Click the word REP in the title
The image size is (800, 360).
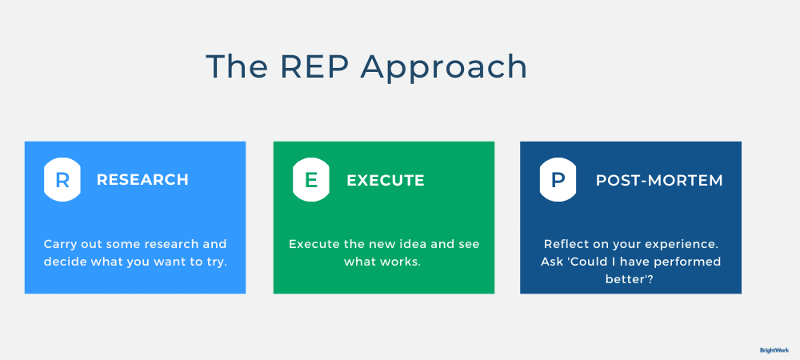[306, 66]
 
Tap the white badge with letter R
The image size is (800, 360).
[62, 180]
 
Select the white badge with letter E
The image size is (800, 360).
[311, 180]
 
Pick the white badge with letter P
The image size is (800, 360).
[558, 180]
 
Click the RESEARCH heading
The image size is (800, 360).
[142, 180]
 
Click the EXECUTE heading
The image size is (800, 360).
[385, 180]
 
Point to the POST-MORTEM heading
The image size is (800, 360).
[659, 180]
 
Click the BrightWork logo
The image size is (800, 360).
[774, 350]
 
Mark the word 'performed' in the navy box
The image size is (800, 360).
[686, 262]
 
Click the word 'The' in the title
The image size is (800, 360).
[232, 66]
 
